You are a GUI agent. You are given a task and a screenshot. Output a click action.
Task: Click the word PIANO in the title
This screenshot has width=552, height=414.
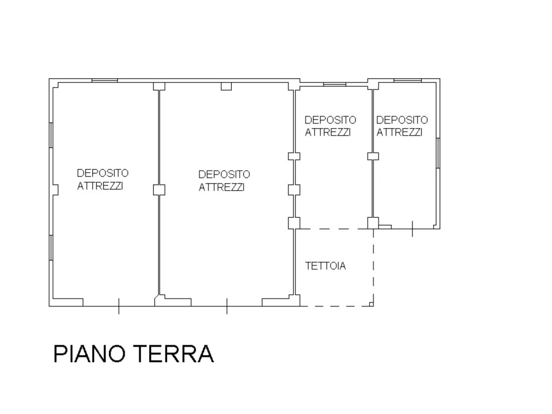[x=89, y=354]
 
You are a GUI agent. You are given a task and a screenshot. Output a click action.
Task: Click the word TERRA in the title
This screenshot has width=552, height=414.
[x=174, y=354]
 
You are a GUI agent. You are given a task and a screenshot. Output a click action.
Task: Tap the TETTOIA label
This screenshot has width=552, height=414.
[x=326, y=266]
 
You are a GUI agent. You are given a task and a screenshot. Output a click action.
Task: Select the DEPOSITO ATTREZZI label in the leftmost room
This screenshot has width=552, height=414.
[x=102, y=180]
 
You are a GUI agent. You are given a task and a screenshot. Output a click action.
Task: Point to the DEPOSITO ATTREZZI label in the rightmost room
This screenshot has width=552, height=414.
[x=402, y=126]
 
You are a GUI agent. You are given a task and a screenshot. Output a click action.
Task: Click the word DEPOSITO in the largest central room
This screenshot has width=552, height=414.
[x=224, y=174]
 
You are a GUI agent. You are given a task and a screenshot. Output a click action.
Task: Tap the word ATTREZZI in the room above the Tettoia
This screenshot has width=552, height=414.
[x=328, y=133]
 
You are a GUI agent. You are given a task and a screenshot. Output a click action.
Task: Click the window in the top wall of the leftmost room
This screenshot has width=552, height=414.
[x=105, y=81]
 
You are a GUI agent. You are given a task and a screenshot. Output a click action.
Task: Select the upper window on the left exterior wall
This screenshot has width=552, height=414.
[x=51, y=135]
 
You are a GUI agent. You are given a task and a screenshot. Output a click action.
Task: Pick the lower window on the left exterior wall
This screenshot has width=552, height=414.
[x=51, y=248]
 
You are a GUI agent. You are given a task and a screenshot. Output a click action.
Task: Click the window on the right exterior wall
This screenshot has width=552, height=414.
[x=438, y=153]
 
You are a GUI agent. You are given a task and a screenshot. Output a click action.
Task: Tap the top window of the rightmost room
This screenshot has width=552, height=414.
[x=408, y=81]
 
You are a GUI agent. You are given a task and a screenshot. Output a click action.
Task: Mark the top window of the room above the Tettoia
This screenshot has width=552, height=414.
[x=335, y=84]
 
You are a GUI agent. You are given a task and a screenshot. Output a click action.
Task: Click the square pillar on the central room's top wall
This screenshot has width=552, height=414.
[x=226, y=86]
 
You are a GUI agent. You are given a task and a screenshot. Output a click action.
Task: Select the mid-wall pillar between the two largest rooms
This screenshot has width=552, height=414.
[x=159, y=190]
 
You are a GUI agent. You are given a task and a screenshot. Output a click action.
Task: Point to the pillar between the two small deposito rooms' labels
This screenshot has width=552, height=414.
[x=373, y=156]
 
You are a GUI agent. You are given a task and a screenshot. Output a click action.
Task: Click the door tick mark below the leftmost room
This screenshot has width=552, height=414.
[x=119, y=306]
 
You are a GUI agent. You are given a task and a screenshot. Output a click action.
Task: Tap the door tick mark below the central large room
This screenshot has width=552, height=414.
[x=227, y=306]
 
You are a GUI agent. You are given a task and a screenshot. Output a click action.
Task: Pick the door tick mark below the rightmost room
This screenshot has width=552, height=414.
[x=412, y=229]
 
